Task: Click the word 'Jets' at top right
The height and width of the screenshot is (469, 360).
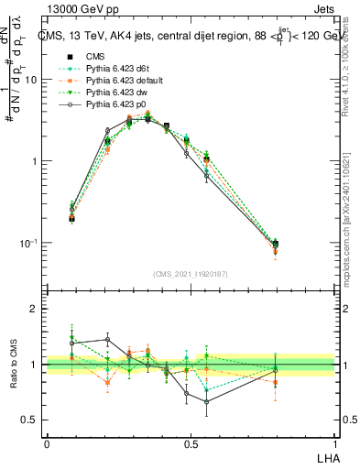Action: pyautogui.click(x=322, y=9)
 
